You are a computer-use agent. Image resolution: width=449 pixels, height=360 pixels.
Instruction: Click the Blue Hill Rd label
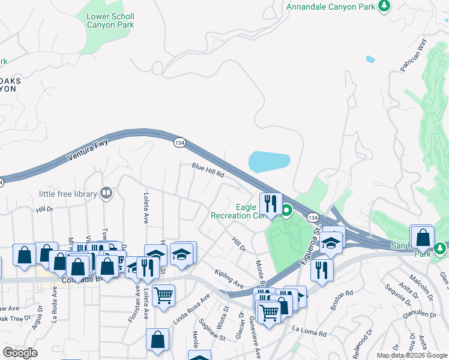point(208,170)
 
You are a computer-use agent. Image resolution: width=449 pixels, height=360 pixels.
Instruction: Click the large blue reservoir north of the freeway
point(270,161)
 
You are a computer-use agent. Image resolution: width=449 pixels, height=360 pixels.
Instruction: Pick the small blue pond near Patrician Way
point(370,59)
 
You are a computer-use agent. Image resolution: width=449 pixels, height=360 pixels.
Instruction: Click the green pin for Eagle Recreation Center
point(287,210)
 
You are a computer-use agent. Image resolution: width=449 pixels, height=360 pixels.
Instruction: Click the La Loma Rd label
point(309,331)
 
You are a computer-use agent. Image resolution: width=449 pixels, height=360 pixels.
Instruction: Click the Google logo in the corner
point(20,353)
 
